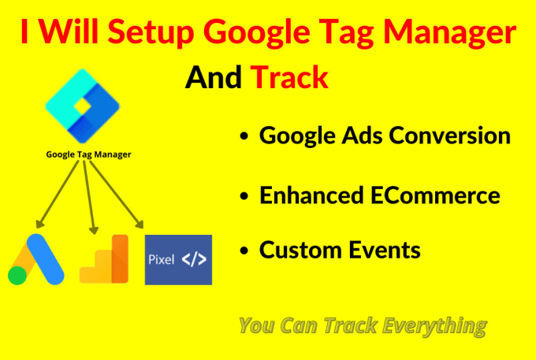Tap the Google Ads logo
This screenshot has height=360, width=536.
coord(36,259)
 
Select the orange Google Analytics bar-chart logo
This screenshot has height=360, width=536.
coord(104,259)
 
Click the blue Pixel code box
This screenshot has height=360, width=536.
coord(178,259)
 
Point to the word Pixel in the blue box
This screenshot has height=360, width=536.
coord(162,259)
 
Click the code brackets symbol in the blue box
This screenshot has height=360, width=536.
coord(193,259)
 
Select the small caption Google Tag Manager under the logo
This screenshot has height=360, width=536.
coord(87,154)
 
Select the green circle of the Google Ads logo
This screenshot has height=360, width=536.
coord(17,275)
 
